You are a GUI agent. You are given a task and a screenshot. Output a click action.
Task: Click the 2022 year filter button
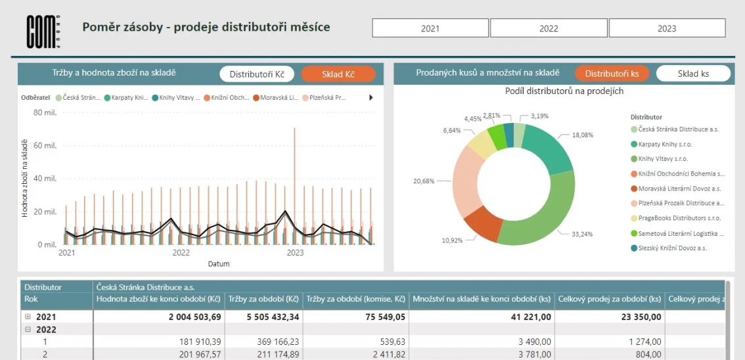[x=549, y=28]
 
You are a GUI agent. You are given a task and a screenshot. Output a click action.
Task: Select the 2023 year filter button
[x=667, y=28]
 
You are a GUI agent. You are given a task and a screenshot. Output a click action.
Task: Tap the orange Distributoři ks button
[x=612, y=74]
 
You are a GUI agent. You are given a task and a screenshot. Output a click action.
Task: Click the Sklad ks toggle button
[x=693, y=74]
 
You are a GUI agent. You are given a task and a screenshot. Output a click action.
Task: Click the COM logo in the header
[x=43, y=31]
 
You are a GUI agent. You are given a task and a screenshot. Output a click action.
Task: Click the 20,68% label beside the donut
[x=423, y=181]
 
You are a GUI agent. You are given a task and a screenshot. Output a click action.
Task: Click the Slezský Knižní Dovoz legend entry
[x=673, y=248]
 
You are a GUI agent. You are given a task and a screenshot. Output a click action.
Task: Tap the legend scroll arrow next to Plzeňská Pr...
[x=371, y=98]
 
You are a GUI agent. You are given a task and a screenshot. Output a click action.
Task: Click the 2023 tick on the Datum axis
[x=296, y=252]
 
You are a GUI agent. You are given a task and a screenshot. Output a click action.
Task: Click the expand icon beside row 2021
[x=28, y=317]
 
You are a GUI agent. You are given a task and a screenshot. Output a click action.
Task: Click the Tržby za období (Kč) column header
[x=263, y=300]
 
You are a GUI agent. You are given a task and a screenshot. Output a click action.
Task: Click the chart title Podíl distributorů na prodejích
[x=564, y=91]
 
